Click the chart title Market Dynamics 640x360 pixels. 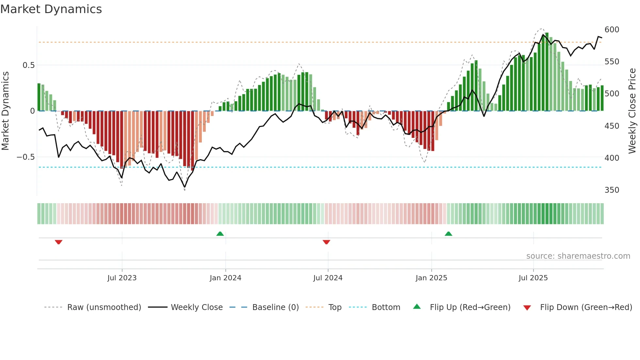(x=51, y=9)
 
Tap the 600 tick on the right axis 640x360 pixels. (x=612, y=30)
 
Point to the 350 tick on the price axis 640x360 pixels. (x=612, y=190)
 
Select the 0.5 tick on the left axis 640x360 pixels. (x=28, y=65)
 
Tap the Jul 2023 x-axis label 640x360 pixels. (x=122, y=278)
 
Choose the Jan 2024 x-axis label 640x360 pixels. (x=225, y=278)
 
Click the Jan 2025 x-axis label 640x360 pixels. (x=431, y=278)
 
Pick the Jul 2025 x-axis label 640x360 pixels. (x=533, y=278)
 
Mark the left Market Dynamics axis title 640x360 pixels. (x=6, y=111)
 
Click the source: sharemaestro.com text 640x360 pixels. (x=578, y=256)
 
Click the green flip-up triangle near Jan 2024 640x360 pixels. (x=220, y=234)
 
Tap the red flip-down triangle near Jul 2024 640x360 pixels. (x=326, y=242)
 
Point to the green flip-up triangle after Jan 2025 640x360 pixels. (x=448, y=234)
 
